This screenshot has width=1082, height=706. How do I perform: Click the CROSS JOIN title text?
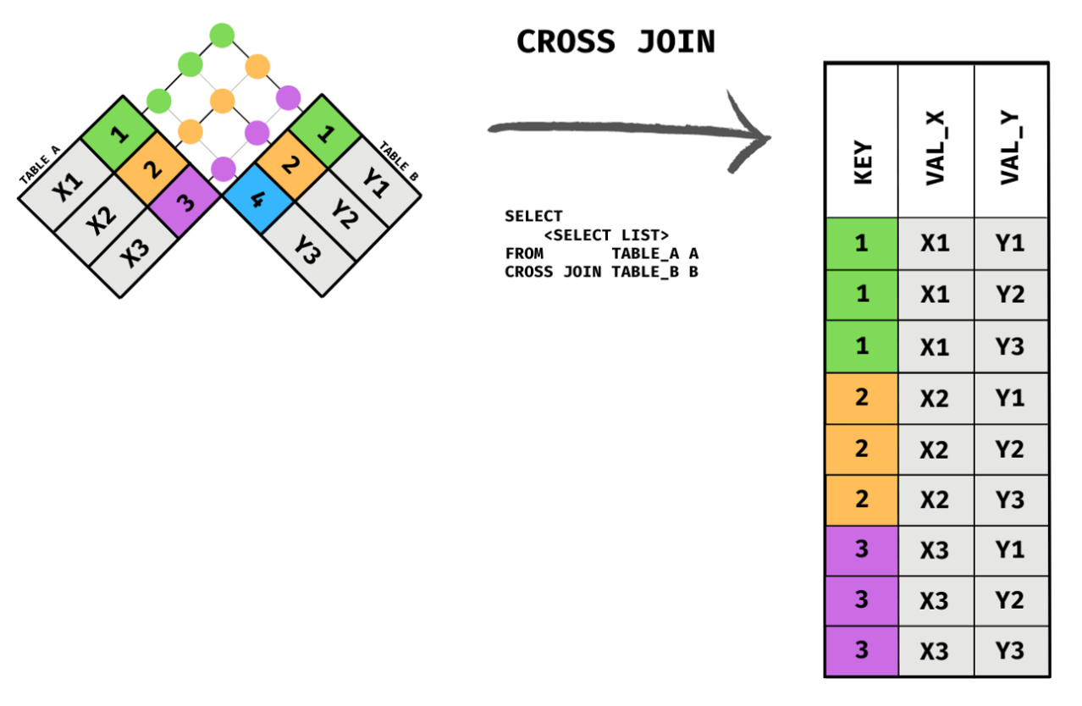point(616,41)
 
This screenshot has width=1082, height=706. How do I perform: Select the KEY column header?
point(862,161)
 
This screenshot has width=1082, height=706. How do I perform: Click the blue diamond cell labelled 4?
point(258,199)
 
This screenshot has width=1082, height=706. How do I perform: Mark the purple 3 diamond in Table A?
point(185,200)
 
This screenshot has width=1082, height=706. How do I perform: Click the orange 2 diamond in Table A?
point(152,168)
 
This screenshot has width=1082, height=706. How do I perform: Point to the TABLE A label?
point(41,164)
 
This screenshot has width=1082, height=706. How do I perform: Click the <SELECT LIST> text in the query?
point(606,234)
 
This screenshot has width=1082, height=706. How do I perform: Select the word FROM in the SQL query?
point(524,253)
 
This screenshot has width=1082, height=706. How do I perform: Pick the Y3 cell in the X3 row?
point(1009,651)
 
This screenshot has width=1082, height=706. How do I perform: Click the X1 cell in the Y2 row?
point(935,295)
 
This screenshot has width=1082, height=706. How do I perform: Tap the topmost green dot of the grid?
point(222,36)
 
